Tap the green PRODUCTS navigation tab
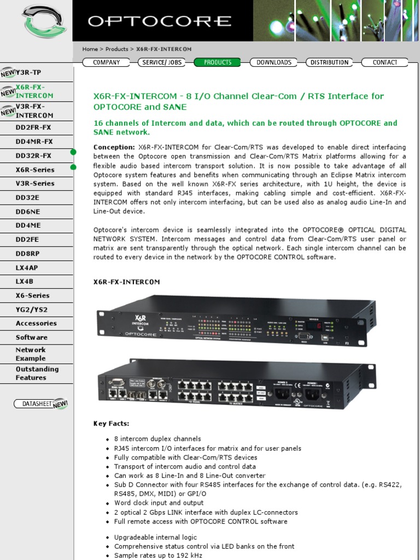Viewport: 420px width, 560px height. pyautogui.click(x=217, y=62)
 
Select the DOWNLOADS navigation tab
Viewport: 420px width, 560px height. pyautogui.click(x=273, y=62)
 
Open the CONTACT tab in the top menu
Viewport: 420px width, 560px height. pyautogui.click(x=384, y=62)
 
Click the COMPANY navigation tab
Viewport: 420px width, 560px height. pyautogui.click(x=106, y=62)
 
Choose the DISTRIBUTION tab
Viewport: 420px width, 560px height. pyautogui.click(x=329, y=62)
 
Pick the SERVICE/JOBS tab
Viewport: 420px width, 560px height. pyautogui.click(x=162, y=62)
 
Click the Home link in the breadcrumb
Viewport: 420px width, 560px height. pyautogui.click(x=90, y=49)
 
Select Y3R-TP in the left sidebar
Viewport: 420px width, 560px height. pyautogui.click(x=28, y=72)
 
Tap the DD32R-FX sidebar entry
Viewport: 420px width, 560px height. pyautogui.click(x=33, y=156)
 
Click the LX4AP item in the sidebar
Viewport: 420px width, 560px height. pyautogui.click(x=27, y=267)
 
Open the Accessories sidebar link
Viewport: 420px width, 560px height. pyautogui.click(x=36, y=323)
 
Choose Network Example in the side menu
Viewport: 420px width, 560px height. pyautogui.click(x=31, y=354)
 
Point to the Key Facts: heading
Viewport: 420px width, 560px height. pyautogui.click(x=112, y=423)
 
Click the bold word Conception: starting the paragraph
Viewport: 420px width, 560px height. pyautogui.click(x=114, y=147)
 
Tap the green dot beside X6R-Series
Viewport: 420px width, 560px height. pyautogui.click(x=73, y=167)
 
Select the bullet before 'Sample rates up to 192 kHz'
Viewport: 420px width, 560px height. pyautogui.click(x=108, y=556)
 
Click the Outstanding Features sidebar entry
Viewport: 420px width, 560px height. pyautogui.click(x=37, y=373)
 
